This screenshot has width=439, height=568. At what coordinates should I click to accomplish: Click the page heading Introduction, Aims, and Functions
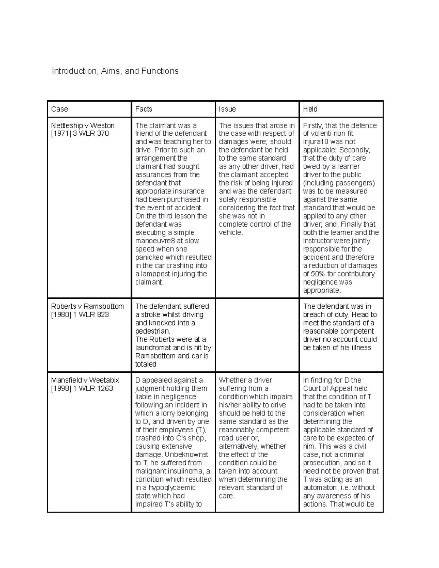115,71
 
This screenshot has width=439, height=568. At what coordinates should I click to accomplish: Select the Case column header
60,109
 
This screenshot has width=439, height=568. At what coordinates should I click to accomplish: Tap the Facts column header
144,109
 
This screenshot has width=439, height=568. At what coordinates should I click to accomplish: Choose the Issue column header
227,109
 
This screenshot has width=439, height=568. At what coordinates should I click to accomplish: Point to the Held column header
310,109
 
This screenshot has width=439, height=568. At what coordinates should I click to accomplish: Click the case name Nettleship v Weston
83,125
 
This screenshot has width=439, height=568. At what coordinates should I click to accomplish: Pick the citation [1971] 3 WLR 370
80,133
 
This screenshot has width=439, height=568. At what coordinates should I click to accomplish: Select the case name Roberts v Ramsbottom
87,306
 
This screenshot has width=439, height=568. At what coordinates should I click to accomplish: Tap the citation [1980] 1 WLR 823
80,315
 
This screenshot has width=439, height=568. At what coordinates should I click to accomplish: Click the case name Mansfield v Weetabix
85,380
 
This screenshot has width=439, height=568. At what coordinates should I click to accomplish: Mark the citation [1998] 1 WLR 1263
82,388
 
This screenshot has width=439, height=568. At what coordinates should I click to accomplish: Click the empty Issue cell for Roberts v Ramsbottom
257,335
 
